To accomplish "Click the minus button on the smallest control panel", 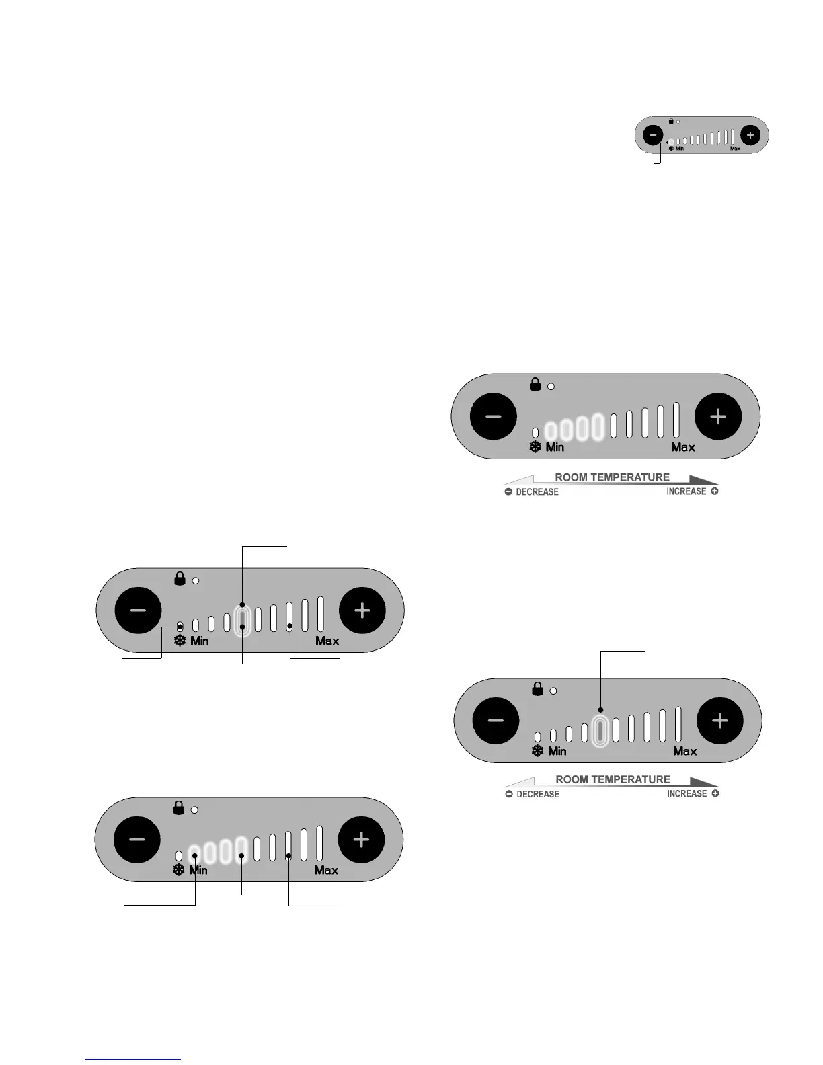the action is tap(653, 135).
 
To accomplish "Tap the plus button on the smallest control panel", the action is tap(750, 135).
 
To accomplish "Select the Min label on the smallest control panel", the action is tap(680, 149).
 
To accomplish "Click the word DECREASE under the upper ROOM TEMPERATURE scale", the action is tap(537, 492).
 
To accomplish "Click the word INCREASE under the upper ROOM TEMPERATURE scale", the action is tap(687, 491).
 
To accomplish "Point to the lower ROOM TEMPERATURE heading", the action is tap(613, 779).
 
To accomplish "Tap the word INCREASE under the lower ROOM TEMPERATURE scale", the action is tap(687, 794).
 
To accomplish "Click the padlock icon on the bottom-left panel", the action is tap(179, 807).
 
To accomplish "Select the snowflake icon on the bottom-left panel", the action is tap(179, 870).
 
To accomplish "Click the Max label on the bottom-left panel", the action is tap(326, 870).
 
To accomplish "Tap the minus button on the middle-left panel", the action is tap(139, 610).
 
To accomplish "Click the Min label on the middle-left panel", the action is tap(200, 641).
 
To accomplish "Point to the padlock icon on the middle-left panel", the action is tap(180, 578).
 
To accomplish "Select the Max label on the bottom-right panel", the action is tap(684, 751).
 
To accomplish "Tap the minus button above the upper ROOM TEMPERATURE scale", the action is tap(494, 416).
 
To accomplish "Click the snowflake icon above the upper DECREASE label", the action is tap(535, 447).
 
